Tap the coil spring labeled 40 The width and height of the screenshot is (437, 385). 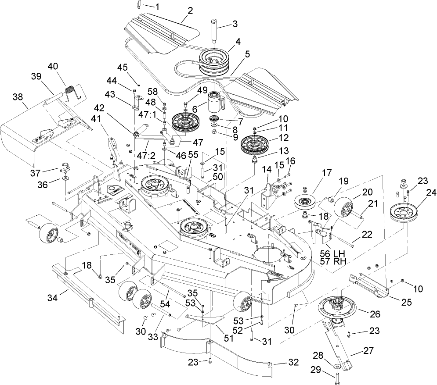[x=70, y=93]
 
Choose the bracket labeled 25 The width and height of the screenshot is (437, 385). [x=369, y=285]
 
